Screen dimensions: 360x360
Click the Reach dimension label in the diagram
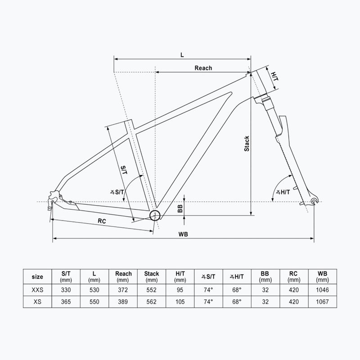[x=203, y=68]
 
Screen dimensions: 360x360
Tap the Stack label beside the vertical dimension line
[x=246, y=144]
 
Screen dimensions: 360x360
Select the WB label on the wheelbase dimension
[x=183, y=234]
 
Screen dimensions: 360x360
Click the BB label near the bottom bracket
[x=180, y=208]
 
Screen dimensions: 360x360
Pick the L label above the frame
[x=182, y=54]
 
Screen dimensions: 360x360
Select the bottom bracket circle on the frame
[x=155, y=215]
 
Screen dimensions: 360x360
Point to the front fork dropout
[x=314, y=201]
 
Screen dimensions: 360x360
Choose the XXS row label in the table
[x=38, y=289]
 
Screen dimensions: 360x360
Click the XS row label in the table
[x=38, y=301]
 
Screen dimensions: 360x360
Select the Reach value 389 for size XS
[x=123, y=301]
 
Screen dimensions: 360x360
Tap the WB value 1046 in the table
[x=322, y=289]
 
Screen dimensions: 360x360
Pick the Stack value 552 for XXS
[x=152, y=289]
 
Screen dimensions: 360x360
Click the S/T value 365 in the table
[x=66, y=301]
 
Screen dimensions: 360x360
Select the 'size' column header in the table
[x=38, y=276]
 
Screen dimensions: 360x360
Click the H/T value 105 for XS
[x=180, y=301]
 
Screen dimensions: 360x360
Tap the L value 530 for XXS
[x=94, y=289]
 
